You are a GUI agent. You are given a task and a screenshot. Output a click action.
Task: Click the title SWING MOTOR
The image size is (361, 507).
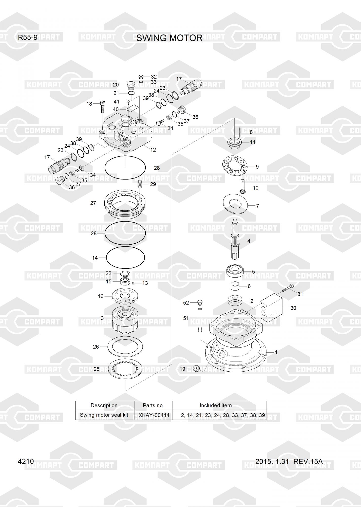(x=169, y=38)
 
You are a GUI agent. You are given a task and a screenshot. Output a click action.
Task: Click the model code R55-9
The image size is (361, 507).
(x=28, y=38)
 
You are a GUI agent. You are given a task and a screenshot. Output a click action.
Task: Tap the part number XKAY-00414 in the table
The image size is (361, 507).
(x=154, y=415)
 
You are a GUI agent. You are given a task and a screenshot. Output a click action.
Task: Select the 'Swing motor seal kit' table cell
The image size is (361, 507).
(x=104, y=415)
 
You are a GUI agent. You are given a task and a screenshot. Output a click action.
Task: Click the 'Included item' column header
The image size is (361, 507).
(x=216, y=405)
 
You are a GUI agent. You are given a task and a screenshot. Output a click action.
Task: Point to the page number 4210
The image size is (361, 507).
(x=26, y=461)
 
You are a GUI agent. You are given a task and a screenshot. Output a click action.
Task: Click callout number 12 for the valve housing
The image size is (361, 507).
(x=153, y=150)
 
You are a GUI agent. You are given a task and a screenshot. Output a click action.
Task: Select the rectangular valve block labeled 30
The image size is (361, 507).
(x=271, y=308)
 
